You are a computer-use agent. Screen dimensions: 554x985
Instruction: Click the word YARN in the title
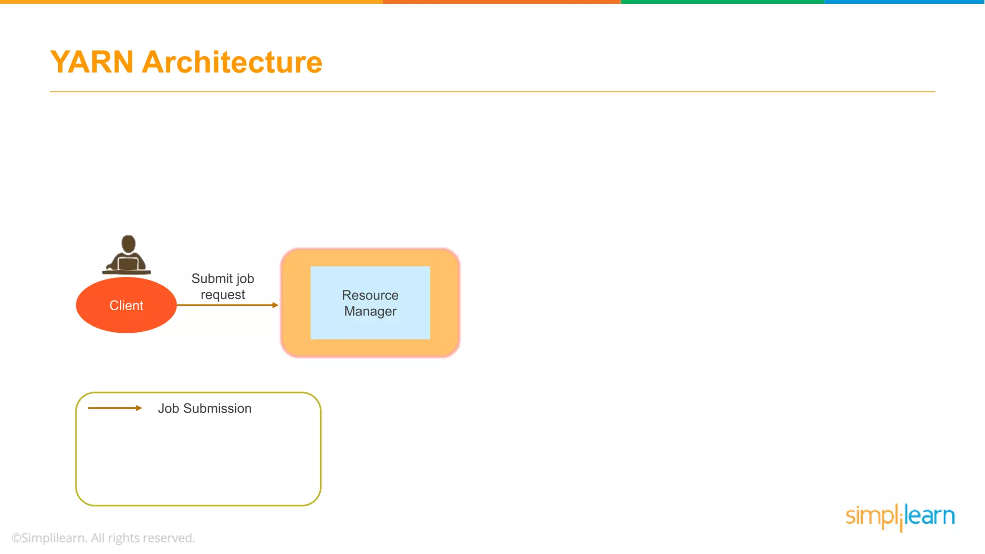pyautogui.click(x=91, y=63)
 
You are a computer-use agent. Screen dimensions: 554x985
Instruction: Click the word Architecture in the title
pyautogui.click(x=232, y=63)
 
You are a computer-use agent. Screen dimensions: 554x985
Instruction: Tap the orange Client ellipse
pyautogui.click(x=126, y=305)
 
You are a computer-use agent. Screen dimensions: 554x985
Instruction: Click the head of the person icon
pyautogui.click(x=128, y=243)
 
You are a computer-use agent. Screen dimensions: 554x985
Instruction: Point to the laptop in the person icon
pyautogui.click(x=128, y=264)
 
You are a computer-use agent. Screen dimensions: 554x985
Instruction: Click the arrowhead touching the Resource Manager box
pyautogui.click(x=275, y=305)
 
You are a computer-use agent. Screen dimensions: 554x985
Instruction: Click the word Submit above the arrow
pyautogui.click(x=212, y=278)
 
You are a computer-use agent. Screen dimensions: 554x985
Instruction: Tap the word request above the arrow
pyautogui.click(x=223, y=295)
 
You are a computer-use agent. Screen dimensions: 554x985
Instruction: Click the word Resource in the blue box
pyautogui.click(x=370, y=295)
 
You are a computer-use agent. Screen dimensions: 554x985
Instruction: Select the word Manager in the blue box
pyautogui.click(x=370, y=311)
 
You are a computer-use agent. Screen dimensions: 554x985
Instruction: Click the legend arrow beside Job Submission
pyautogui.click(x=115, y=408)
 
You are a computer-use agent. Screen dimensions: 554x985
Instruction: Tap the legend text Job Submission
pyautogui.click(x=204, y=408)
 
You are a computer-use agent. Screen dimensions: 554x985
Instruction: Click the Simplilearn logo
pyautogui.click(x=900, y=516)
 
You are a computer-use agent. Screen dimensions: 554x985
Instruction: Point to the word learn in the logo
pyautogui.click(x=930, y=516)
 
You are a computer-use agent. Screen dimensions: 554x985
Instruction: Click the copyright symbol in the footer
pyautogui.click(x=16, y=538)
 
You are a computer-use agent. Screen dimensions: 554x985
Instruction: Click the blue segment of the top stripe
pyautogui.click(x=904, y=2)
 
